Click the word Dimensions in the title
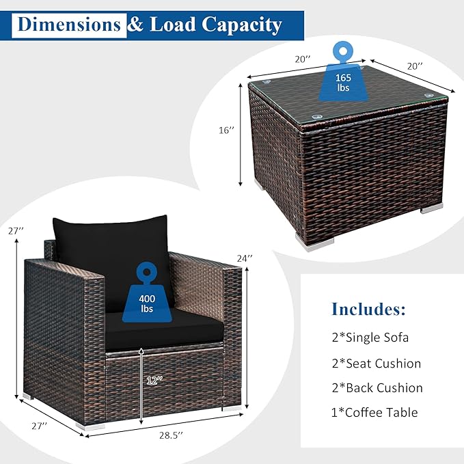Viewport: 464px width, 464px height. click(69, 25)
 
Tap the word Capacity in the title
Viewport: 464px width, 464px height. click(242, 25)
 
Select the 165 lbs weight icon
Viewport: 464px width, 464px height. click(343, 72)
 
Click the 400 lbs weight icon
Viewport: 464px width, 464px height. click(147, 292)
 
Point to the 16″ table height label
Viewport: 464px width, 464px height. click(226, 131)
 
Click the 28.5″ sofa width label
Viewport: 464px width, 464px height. click(171, 435)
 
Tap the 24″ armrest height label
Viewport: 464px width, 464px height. click(245, 258)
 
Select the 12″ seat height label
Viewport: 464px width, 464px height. click(154, 381)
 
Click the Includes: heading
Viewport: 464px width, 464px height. click(369, 309)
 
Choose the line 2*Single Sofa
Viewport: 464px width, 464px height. click(370, 338)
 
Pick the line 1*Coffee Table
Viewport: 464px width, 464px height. click(374, 412)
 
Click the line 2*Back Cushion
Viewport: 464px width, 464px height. click(377, 387)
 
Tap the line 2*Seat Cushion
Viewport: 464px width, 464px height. click(377, 363)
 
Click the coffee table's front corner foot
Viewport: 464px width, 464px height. click(314, 242)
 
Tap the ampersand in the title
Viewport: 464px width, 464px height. click(135, 24)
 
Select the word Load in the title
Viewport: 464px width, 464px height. click(173, 24)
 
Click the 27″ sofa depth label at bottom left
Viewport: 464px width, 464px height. click(40, 426)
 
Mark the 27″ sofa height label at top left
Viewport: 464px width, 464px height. click(16, 231)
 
